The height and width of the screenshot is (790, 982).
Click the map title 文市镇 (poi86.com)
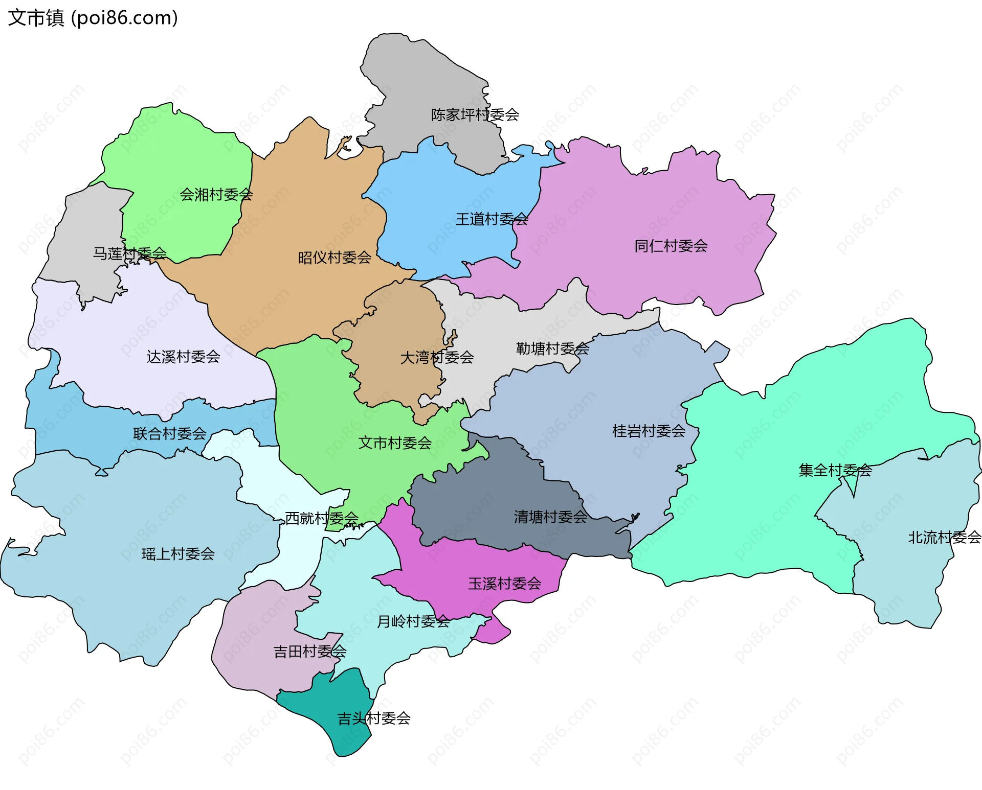click(x=93, y=18)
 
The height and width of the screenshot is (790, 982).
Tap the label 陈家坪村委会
click(x=475, y=114)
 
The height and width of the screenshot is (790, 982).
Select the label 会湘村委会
click(x=216, y=195)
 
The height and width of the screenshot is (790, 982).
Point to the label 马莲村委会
click(x=129, y=253)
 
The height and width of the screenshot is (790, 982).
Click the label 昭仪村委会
click(x=334, y=258)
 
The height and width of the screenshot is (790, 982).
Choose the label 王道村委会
click(x=491, y=219)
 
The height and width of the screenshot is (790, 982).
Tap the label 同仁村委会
click(x=671, y=246)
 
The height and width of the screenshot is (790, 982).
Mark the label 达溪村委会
click(x=183, y=357)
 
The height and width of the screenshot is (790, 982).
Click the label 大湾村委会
click(x=437, y=357)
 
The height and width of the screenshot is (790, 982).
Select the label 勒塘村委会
click(x=552, y=348)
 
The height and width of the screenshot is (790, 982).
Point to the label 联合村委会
click(x=169, y=434)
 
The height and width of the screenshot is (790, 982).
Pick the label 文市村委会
click(x=395, y=443)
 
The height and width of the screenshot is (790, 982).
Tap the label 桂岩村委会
click(x=649, y=431)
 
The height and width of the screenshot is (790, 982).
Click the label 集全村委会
click(x=835, y=470)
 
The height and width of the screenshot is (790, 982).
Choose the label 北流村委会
click(x=944, y=538)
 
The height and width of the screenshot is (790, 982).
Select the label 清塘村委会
click(x=550, y=517)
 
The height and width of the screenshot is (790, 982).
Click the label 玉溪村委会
click(x=504, y=584)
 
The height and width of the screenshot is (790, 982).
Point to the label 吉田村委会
click(x=309, y=652)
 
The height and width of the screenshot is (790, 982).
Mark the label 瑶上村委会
click(x=178, y=554)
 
